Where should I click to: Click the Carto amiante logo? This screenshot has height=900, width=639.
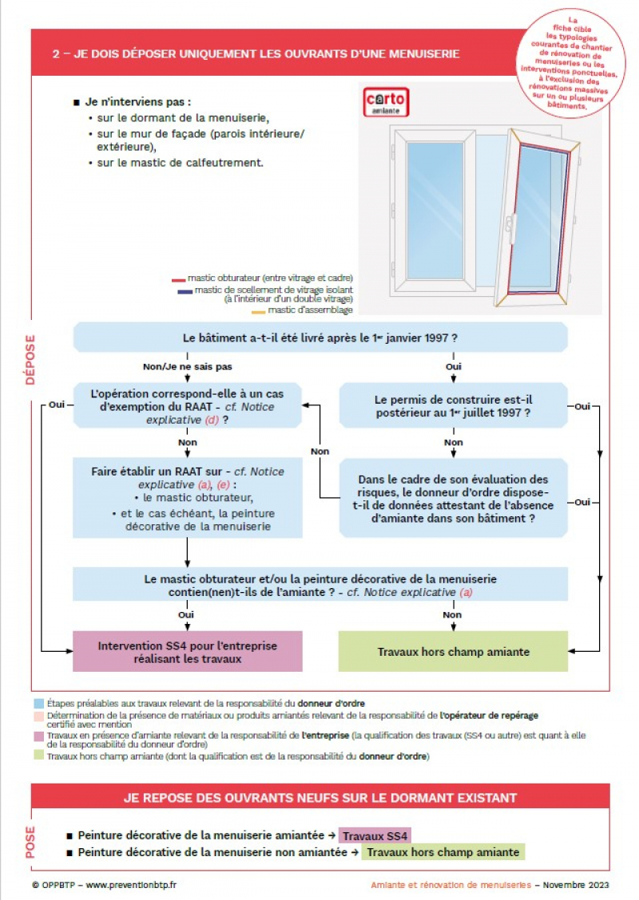click(387, 102)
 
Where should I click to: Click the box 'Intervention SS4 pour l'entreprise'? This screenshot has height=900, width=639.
click(188, 651)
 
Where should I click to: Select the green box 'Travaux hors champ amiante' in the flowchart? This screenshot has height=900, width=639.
click(453, 651)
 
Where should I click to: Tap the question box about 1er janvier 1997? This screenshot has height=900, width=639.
click(320, 337)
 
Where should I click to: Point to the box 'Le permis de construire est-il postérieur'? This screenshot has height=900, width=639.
click(453, 406)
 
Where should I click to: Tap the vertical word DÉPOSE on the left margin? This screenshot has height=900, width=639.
click(30, 360)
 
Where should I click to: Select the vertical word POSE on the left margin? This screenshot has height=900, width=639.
click(30, 842)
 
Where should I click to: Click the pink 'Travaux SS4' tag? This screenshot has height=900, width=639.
click(375, 836)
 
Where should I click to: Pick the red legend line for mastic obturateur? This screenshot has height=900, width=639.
click(178, 281)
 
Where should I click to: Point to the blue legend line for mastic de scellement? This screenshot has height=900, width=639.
click(185, 292)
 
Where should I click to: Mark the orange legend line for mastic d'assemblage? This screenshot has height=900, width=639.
click(258, 310)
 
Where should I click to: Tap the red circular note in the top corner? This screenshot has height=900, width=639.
click(572, 63)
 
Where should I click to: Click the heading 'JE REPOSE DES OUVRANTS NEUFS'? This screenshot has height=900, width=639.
click(320, 797)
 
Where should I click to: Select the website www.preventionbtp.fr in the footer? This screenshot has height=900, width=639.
click(131, 885)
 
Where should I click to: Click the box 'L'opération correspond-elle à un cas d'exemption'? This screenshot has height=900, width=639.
click(188, 406)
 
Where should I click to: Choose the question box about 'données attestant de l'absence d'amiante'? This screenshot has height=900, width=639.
click(453, 498)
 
